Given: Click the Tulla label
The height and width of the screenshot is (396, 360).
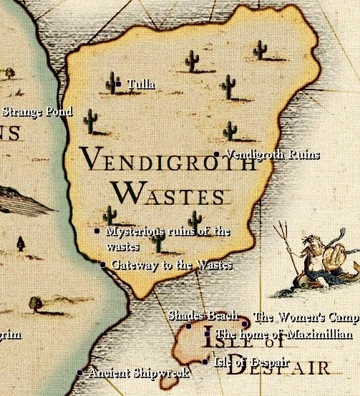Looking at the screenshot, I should pos(141,84).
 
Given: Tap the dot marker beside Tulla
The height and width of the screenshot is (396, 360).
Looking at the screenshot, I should pos(118,84).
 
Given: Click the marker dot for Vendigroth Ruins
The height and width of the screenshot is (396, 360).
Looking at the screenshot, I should pos(216,154).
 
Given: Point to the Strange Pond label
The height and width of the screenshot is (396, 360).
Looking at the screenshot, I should pos(37,112).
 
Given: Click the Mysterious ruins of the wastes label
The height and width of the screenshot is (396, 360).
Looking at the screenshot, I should pos(168,237).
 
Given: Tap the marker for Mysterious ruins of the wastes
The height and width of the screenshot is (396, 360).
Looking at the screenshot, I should pos(97,231).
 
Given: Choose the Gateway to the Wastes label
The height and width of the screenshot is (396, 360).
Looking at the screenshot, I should pos(172,265).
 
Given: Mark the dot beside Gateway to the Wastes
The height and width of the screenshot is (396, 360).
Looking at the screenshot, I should pos(102,265).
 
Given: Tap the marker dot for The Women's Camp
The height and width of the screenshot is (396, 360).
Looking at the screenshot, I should pos(245,324).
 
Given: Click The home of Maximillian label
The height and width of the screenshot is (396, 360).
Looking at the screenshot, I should pos(283,334).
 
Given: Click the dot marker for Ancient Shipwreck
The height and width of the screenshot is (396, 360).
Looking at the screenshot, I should pos(79,372).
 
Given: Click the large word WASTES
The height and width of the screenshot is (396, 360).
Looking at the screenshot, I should pos(170,193).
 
